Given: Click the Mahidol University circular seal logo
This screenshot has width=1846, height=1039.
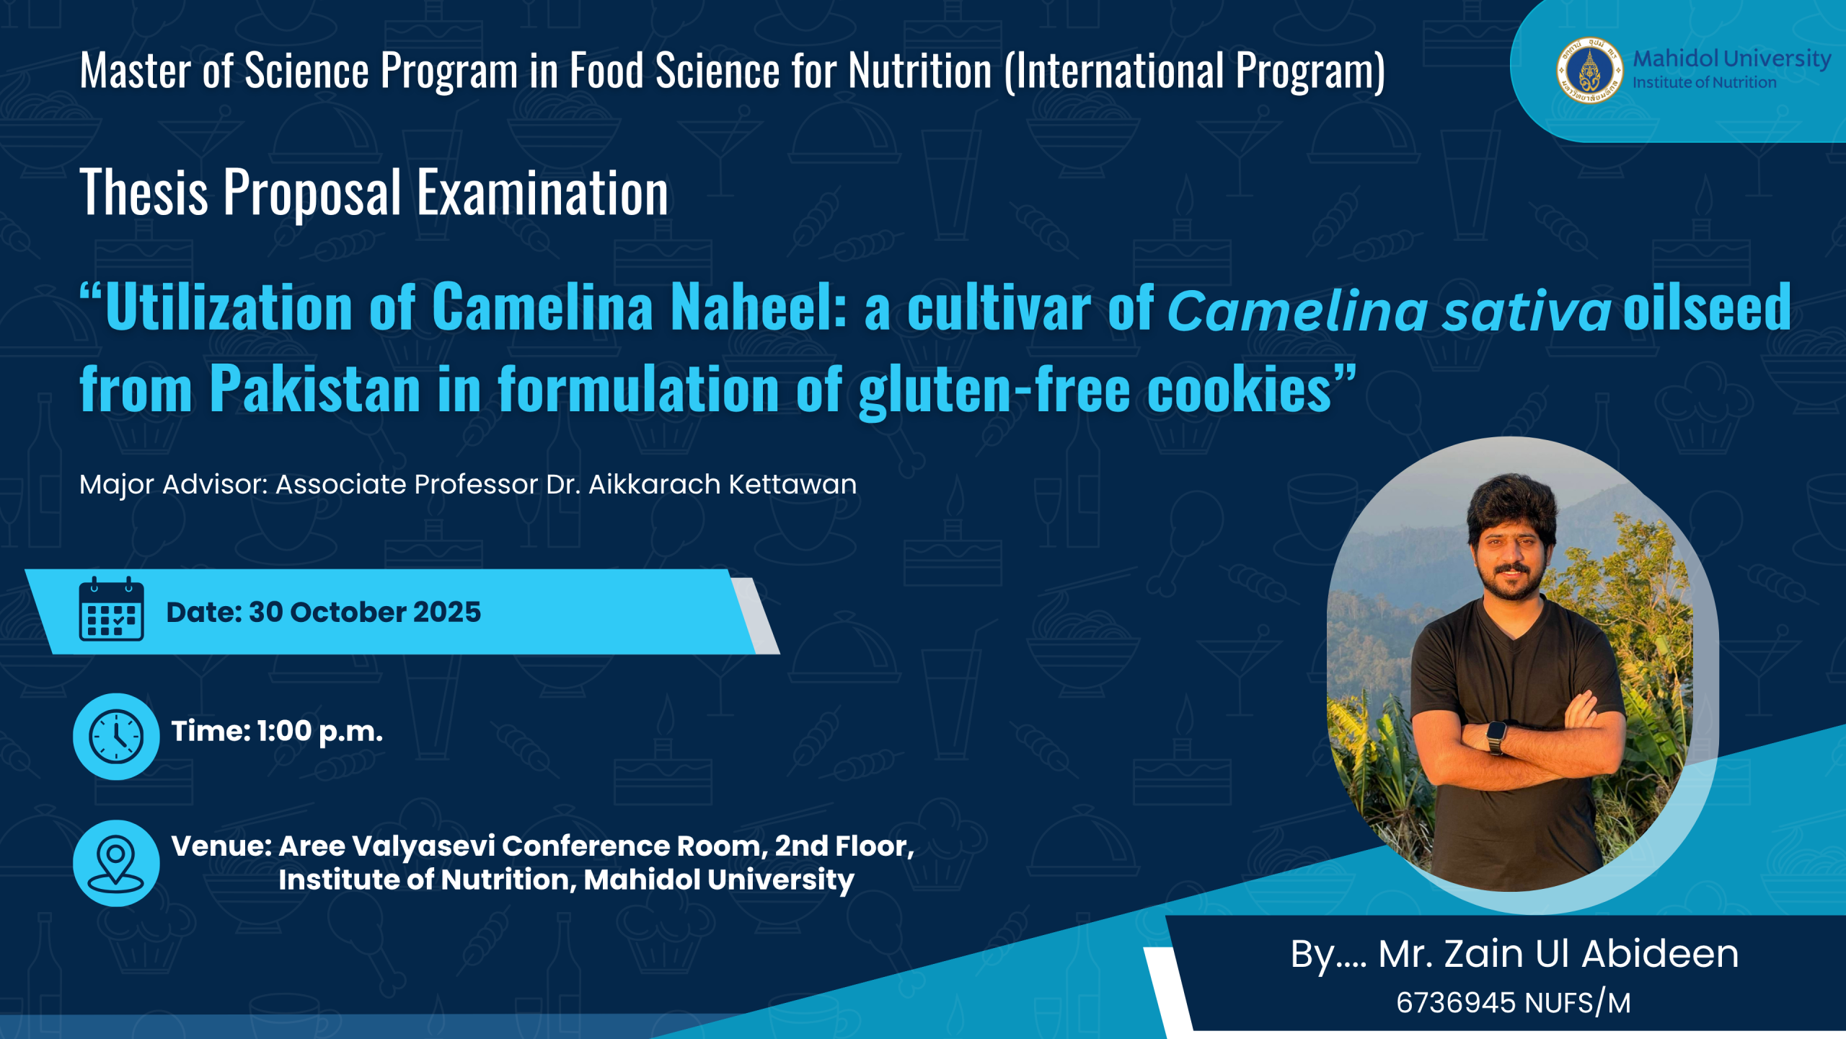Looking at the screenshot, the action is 1589,71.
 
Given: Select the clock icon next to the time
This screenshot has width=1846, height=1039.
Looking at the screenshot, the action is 116,737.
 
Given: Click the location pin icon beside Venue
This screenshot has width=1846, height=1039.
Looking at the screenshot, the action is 116,863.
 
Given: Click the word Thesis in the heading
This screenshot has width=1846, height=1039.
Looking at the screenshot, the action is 144,193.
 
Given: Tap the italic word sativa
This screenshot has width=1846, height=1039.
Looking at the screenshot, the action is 1526,311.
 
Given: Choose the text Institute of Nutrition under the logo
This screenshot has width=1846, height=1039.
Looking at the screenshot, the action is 1705,82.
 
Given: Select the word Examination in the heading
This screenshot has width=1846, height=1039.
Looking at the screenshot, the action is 542,193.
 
